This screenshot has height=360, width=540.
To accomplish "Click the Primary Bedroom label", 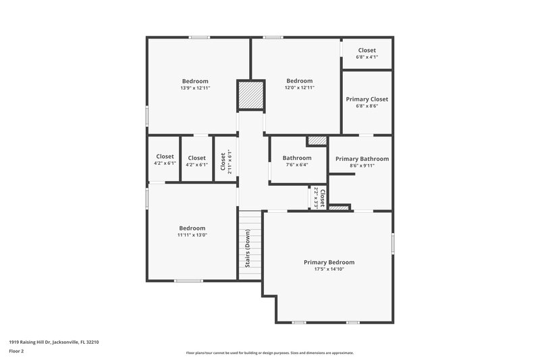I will click(x=329, y=262).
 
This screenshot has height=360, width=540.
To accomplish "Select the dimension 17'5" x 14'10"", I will click(x=329, y=269).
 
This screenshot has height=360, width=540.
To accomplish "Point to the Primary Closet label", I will click(x=367, y=99).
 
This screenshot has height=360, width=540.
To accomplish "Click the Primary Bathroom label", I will click(x=362, y=159).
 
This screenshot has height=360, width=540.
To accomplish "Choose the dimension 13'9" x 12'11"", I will click(x=194, y=88).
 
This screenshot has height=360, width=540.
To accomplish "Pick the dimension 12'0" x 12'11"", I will click(x=299, y=88).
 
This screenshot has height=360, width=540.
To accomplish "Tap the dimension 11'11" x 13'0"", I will click(x=192, y=235).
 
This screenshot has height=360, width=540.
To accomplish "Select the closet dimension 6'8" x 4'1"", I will click(x=367, y=57).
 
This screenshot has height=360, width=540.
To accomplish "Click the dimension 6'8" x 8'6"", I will click(x=367, y=106).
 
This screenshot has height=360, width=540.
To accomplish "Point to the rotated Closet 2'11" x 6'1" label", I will click(x=223, y=159).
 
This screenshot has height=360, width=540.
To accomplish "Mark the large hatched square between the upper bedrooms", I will click(x=249, y=95).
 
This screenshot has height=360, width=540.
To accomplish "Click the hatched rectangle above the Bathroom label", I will click(x=316, y=140).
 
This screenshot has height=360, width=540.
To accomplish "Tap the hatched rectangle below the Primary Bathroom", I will click(x=339, y=207).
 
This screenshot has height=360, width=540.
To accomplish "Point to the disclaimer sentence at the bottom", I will click(x=269, y=353).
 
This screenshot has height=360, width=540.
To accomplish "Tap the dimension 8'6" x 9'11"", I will click(x=362, y=165).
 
